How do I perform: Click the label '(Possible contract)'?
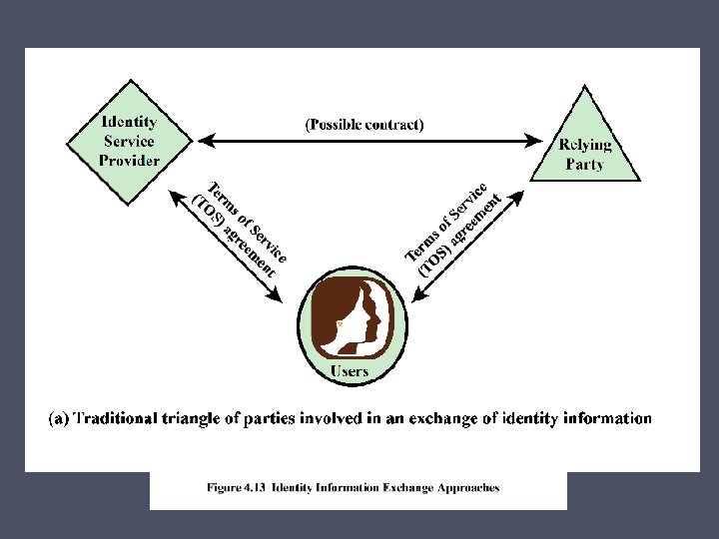(363, 125)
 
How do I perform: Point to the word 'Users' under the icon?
(350, 371)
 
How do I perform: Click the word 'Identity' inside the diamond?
(130, 122)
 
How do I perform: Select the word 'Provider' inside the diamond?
(130, 161)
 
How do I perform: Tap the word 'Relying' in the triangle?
(584, 145)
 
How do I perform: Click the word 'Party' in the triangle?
(584, 164)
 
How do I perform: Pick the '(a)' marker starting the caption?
(59, 418)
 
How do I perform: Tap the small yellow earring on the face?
(341, 324)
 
